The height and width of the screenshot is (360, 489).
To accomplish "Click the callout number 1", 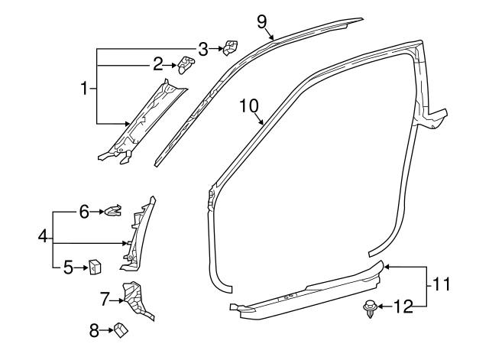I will point(85,89).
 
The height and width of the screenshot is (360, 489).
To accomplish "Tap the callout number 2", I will point(157,63).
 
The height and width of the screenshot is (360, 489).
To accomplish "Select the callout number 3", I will point(202,49).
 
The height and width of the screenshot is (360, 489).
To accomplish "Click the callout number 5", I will point(67,267).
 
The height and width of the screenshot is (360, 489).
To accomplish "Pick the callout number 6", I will point(85,210).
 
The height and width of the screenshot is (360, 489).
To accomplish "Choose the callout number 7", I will point(105,297).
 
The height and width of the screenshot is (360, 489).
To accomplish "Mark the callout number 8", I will point(95,330).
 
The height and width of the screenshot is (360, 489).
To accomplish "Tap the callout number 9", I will point(262,21).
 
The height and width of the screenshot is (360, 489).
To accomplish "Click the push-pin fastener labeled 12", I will point(370,309).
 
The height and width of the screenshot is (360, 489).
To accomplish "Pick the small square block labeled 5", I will point(96,267).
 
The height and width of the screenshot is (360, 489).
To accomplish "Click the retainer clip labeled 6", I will point(114,210).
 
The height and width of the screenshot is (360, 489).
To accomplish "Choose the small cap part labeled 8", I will point(121,330).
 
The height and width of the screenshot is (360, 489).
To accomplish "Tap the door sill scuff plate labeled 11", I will point(306,293).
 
